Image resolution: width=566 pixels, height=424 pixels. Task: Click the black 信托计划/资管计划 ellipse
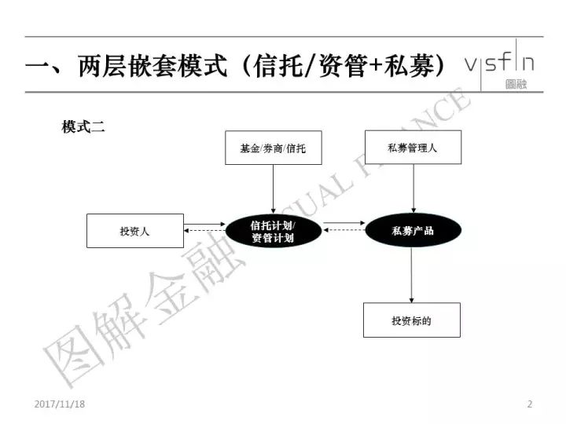274,231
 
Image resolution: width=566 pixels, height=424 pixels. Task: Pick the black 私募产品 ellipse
413,230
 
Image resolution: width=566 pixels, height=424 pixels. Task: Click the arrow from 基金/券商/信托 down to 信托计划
274,189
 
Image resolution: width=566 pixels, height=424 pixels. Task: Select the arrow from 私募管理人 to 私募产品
413,188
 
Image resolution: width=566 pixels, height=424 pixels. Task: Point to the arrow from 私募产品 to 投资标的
411,275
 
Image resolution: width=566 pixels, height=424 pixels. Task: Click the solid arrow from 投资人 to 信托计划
204,225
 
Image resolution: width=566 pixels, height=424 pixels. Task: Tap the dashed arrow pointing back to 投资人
204,230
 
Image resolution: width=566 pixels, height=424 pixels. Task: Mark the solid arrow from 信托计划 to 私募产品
344,223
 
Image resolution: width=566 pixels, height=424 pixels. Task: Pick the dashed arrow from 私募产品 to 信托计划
344,229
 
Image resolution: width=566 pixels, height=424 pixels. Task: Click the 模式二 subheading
83,127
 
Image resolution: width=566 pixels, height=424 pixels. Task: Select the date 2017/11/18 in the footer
60,404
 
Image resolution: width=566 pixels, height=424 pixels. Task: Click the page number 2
530,404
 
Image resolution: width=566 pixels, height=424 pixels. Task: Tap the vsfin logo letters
500,62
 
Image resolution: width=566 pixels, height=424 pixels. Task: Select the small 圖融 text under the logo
516,84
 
